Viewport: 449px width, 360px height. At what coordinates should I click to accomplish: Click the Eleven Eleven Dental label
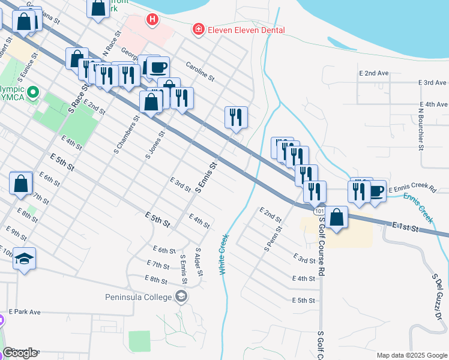(x=246, y=30)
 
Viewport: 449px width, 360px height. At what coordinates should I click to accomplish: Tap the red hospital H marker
(x=152, y=20)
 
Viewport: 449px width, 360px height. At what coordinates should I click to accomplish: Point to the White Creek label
(x=224, y=254)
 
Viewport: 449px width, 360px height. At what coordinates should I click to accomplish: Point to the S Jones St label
(x=155, y=146)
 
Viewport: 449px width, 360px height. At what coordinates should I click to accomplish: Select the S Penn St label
(x=273, y=238)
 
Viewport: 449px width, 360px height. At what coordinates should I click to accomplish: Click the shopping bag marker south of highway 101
(x=337, y=217)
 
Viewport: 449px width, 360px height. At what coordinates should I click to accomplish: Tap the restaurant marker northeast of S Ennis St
(x=236, y=116)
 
